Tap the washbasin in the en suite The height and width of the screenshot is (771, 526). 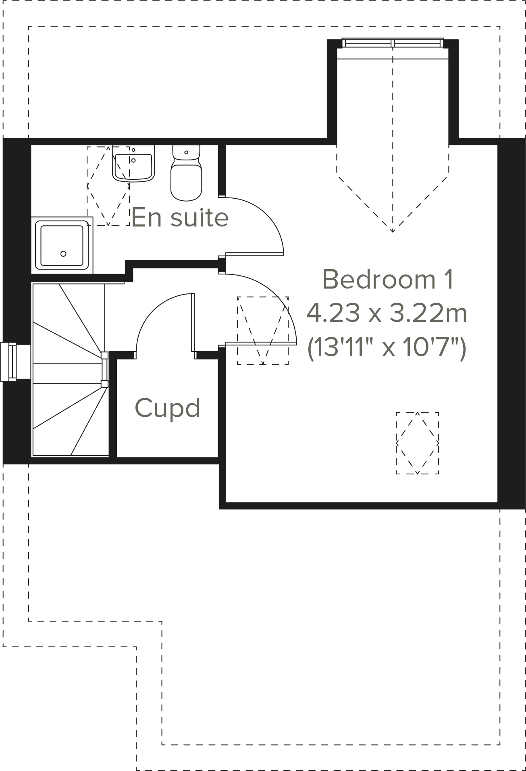pyautogui.click(x=133, y=165)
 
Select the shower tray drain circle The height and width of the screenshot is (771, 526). pyautogui.click(x=63, y=254)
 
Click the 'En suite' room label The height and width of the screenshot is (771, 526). pyautogui.click(x=180, y=217)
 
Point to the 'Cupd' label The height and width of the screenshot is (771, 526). pyautogui.click(x=167, y=408)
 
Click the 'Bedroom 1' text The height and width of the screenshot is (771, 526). pyautogui.click(x=388, y=279)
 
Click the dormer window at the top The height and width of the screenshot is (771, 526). pyautogui.click(x=393, y=43)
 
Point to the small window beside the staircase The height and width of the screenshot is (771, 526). pyautogui.click(x=9, y=362)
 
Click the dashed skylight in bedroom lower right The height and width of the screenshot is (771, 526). pyautogui.click(x=417, y=443)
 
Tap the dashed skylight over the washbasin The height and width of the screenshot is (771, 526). pyautogui.click(x=108, y=186)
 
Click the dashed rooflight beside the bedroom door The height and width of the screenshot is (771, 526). pyautogui.click(x=263, y=330)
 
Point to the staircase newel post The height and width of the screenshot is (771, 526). pyautogui.click(x=104, y=355)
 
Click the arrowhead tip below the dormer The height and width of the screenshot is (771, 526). pyautogui.click(x=393, y=231)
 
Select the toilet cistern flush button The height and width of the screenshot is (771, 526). pyautogui.click(x=186, y=152)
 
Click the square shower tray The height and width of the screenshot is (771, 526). pyautogui.click(x=62, y=245)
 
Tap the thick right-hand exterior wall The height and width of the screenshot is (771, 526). pyautogui.click(x=511, y=322)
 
